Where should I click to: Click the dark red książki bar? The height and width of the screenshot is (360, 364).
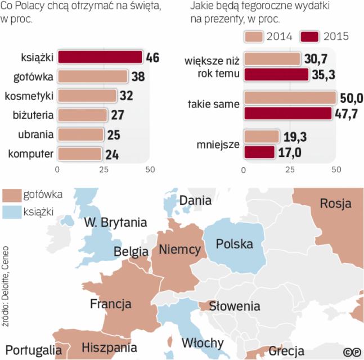click(100, 57)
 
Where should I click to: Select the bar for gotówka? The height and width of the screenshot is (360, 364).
click(93, 76)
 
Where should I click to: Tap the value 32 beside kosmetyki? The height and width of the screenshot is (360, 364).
click(126, 95)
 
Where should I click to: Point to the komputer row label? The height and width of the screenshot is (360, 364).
click(32, 153)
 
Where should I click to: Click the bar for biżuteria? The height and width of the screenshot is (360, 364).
click(82, 115)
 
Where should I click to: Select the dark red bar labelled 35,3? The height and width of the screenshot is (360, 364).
click(276, 74)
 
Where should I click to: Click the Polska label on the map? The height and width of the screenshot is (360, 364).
click(235, 245)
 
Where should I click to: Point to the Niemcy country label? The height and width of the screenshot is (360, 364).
click(180, 249)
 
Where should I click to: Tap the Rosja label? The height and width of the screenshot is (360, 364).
click(335, 203)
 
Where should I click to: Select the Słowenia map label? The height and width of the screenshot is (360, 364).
click(235, 307)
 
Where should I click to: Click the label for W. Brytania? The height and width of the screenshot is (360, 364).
click(115, 222)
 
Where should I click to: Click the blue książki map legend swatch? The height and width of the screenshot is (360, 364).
click(12, 211)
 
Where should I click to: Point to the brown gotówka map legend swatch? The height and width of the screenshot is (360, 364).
click(12, 195)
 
